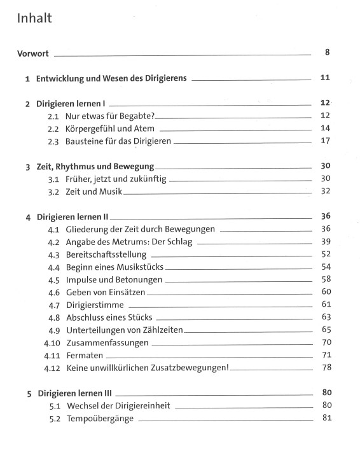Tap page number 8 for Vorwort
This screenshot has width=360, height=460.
327,52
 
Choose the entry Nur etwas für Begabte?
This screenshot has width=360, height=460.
110,116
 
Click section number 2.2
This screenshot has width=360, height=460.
53,129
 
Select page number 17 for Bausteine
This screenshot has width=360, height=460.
326,141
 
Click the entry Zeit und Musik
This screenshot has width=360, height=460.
91,192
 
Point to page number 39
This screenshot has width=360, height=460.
326,241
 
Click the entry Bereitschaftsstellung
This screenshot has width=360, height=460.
113,254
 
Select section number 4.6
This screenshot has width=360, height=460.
53,292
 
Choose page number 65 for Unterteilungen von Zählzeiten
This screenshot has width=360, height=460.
326,329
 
